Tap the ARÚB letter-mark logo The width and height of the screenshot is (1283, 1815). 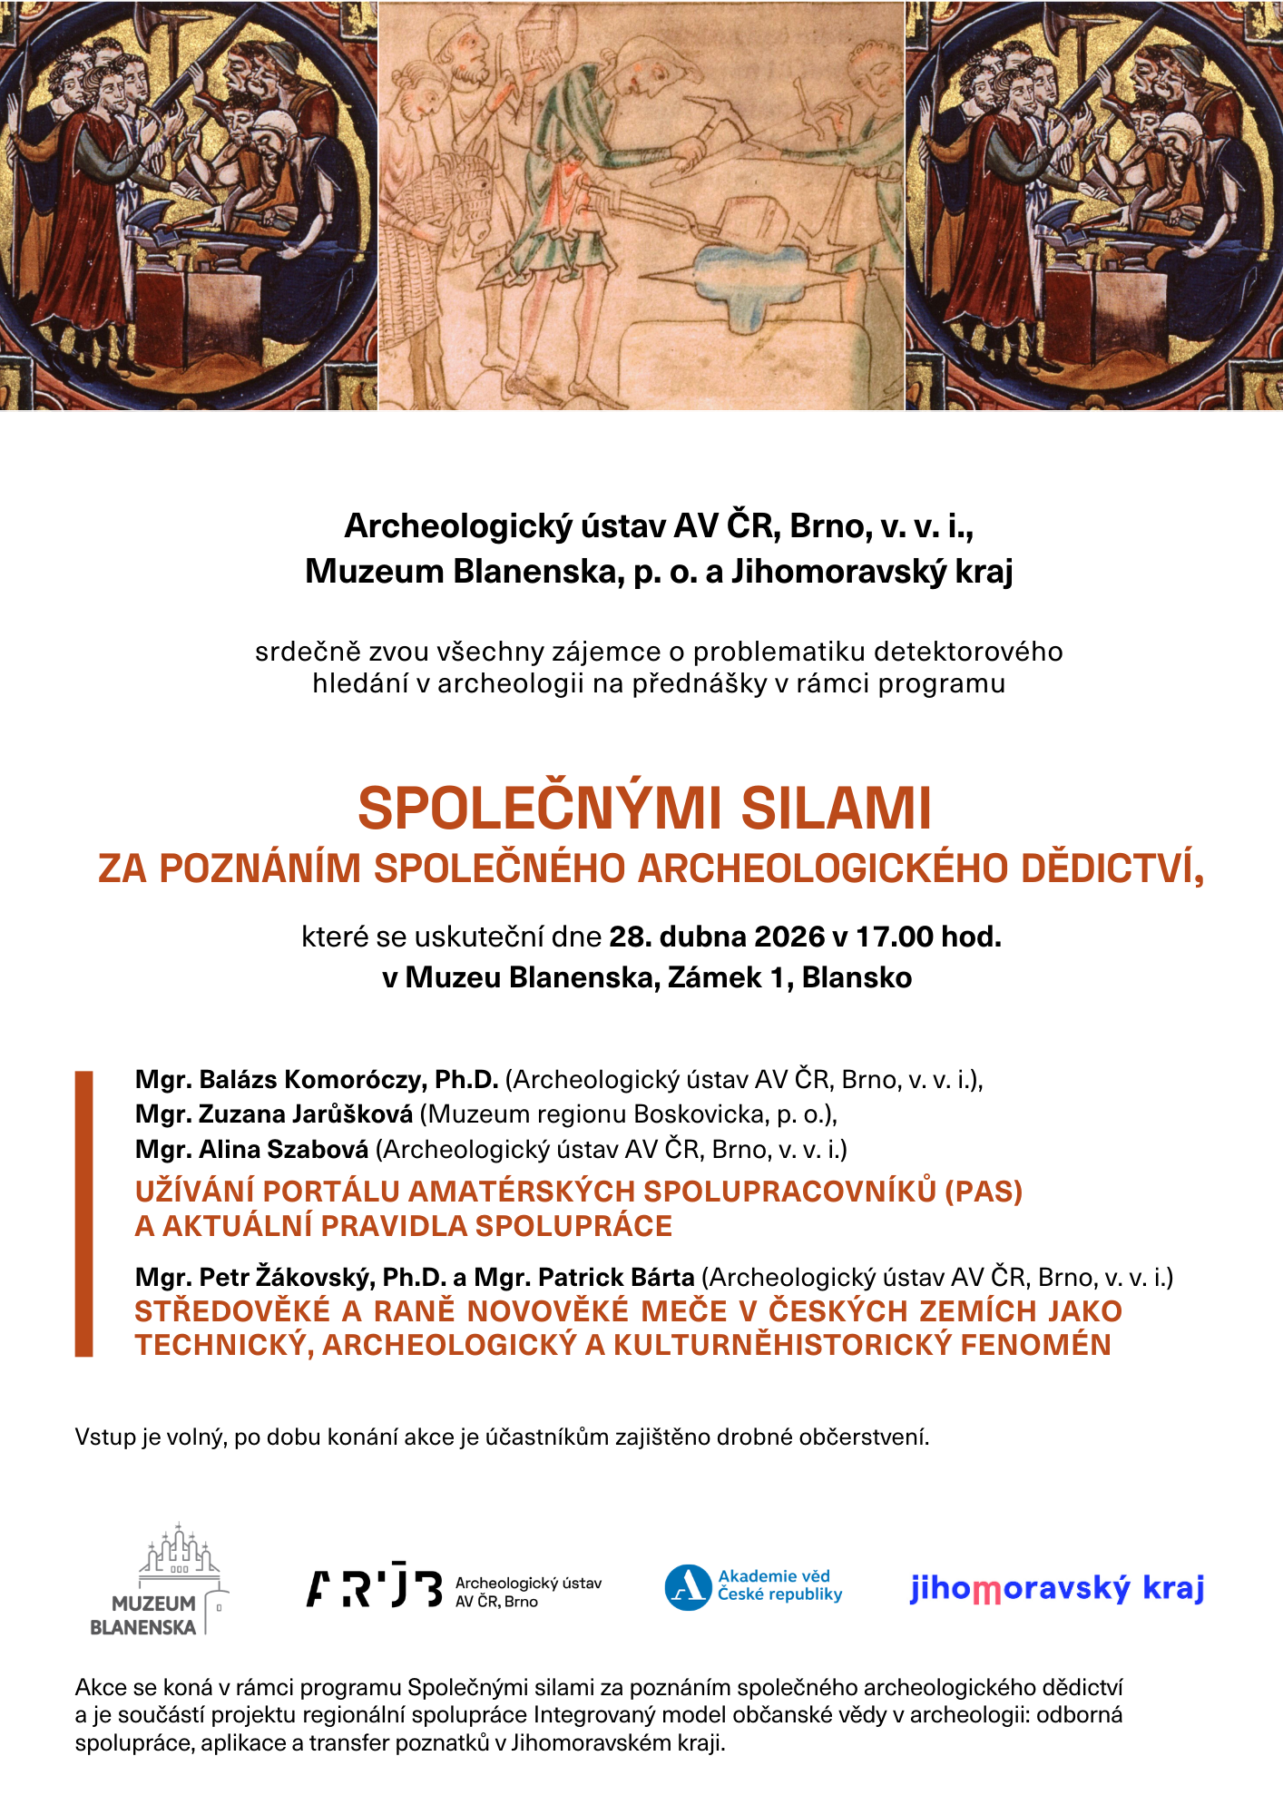pyautogui.click(x=374, y=1588)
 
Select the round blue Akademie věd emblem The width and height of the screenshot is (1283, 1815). pyautogui.click(x=687, y=1587)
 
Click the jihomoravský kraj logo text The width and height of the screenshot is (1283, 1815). pyautogui.click(x=1057, y=1588)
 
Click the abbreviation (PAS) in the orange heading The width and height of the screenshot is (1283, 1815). pyautogui.click(x=984, y=1191)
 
